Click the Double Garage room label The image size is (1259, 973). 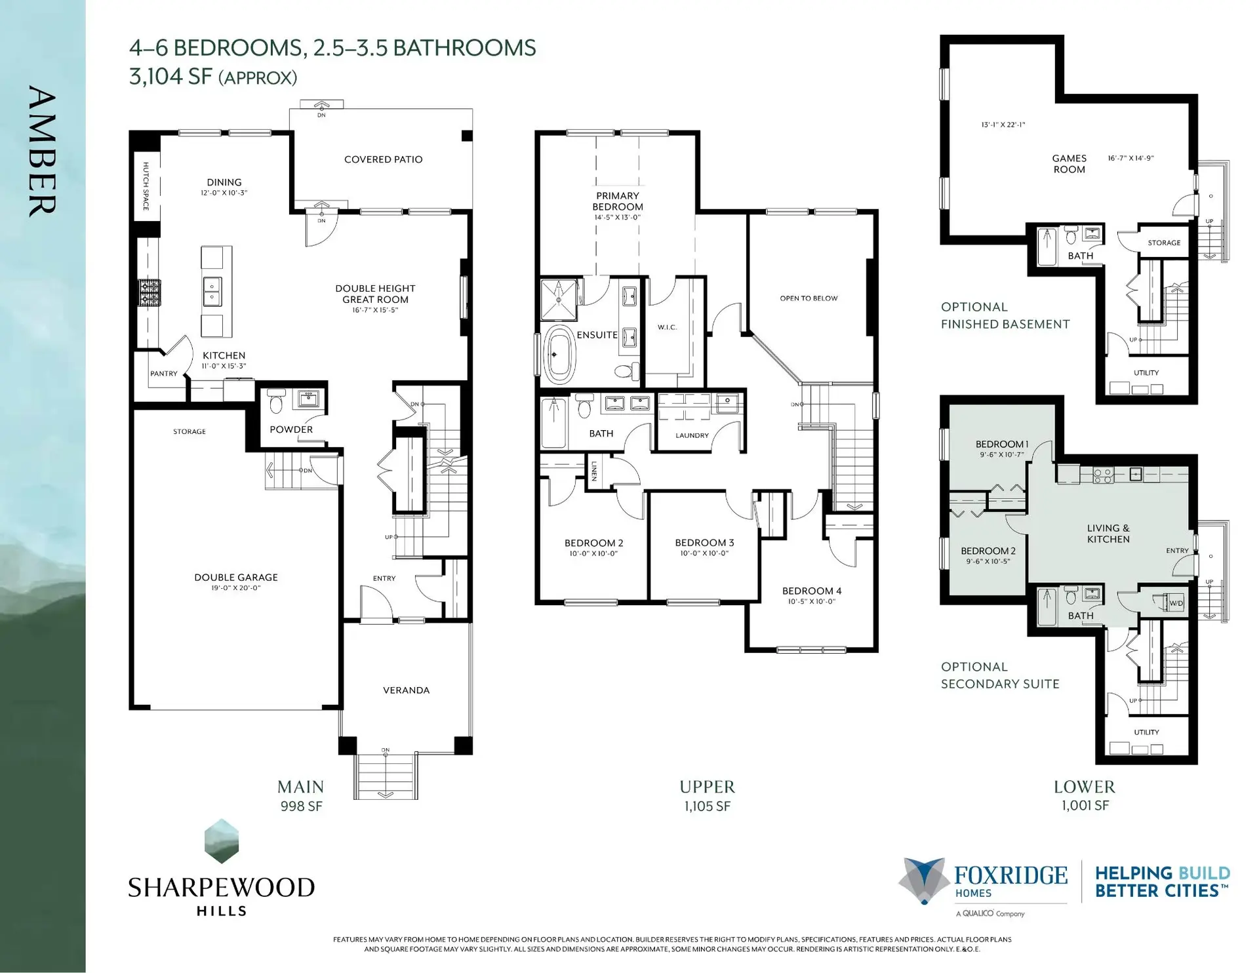(236, 577)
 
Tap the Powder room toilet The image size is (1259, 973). (276, 402)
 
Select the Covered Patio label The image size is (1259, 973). (383, 159)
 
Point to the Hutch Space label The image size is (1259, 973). (146, 186)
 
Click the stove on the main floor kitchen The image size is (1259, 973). (149, 292)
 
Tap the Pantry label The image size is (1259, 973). (163, 374)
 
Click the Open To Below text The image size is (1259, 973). (809, 298)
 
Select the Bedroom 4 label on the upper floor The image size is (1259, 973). (811, 591)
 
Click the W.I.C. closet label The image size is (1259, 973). (667, 327)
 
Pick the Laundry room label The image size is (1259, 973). (692, 435)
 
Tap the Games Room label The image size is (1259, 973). (1069, 163)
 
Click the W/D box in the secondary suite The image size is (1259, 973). (1176, 603)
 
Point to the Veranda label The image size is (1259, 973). (406, 690)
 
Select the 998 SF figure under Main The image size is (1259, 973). (301, 806)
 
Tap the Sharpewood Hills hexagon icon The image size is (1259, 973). (222, 841)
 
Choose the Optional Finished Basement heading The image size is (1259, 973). (1005, 315)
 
